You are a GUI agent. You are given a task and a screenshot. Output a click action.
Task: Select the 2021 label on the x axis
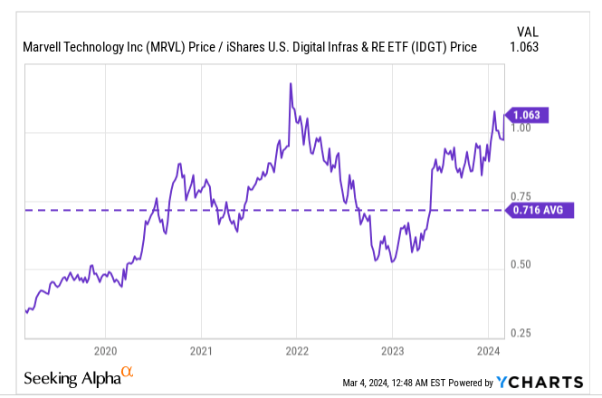pos(201,351)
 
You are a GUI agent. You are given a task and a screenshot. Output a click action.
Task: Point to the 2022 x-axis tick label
pos(297,351)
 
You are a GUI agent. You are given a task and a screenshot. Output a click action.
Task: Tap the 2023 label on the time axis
pos(392,351)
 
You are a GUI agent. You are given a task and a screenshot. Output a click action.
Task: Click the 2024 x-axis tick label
pos(488,351)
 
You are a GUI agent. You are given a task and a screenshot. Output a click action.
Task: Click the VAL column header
pos(527,29)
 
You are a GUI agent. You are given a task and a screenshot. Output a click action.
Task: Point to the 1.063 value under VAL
pos(525,48)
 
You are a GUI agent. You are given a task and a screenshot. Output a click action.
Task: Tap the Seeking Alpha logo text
pos(72,378)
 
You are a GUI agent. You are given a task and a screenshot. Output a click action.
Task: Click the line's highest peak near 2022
pos(290,83)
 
